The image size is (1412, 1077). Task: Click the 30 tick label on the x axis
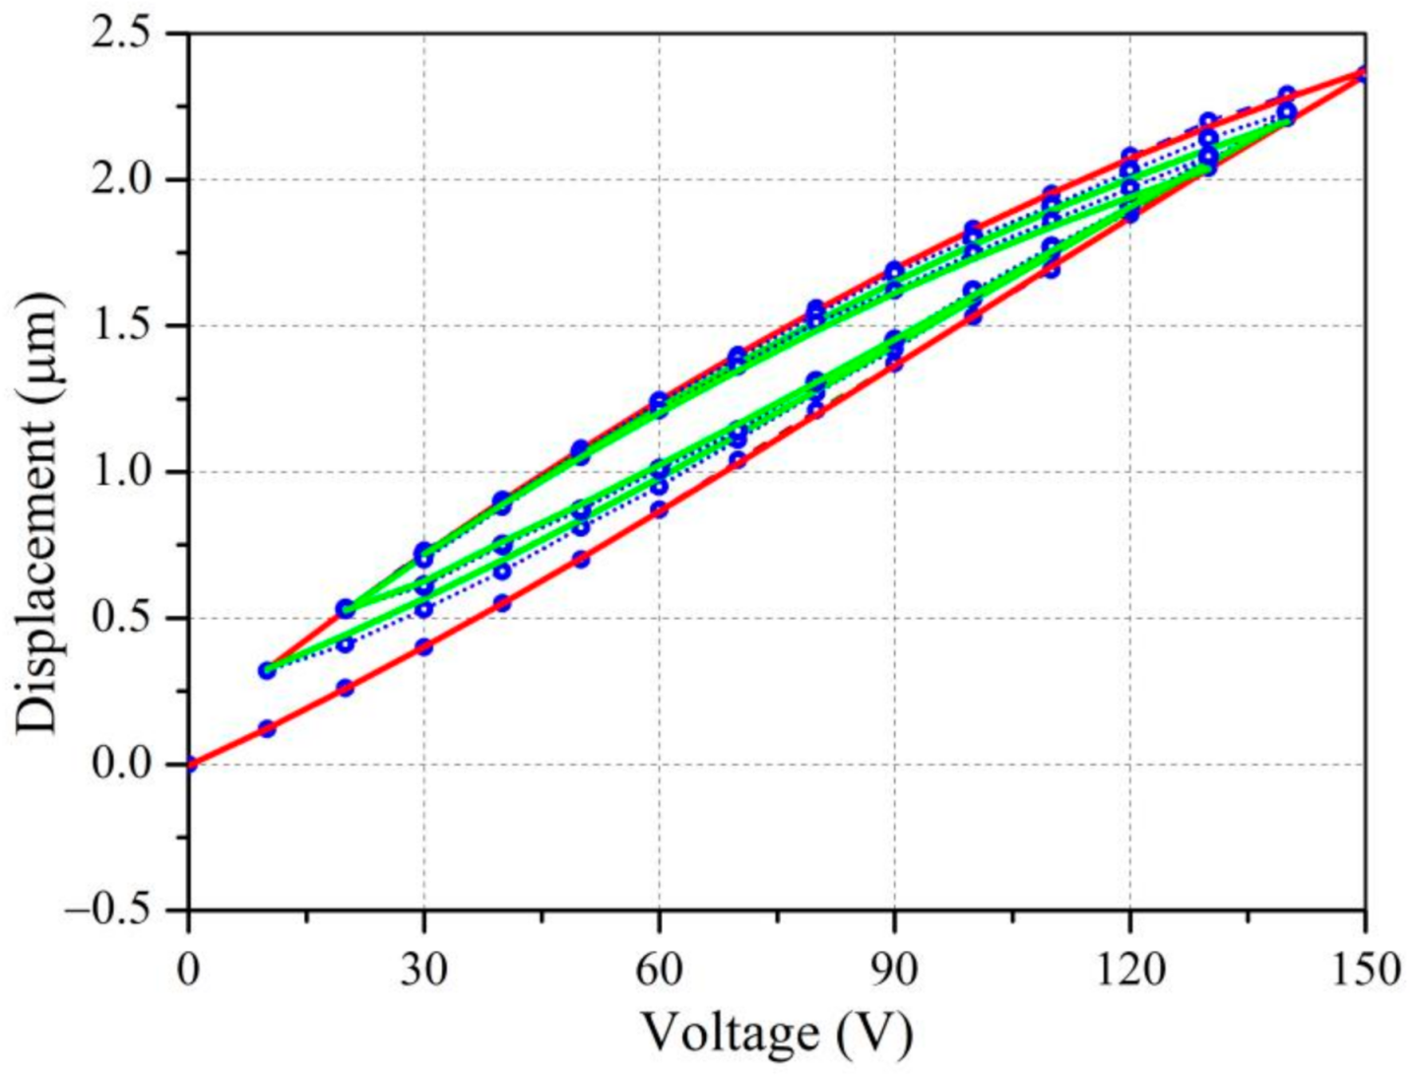coord(423,970)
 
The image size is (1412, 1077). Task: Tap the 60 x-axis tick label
coord(659,970)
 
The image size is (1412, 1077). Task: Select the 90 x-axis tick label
coord(894,970)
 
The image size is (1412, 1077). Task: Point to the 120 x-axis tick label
coord(1129,970)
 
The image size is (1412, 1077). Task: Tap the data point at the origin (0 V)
coord(189,764)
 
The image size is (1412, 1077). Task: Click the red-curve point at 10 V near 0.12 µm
coord(267,728)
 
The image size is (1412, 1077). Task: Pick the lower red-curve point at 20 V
coord(345,688)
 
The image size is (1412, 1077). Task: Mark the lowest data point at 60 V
coord(659,509)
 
